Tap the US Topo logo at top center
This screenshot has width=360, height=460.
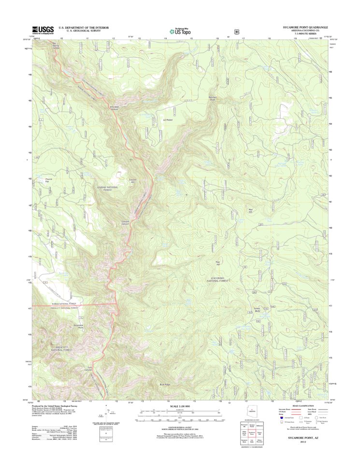click(x=180, y=30)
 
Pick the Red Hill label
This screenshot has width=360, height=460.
click(x=250, y=210)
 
